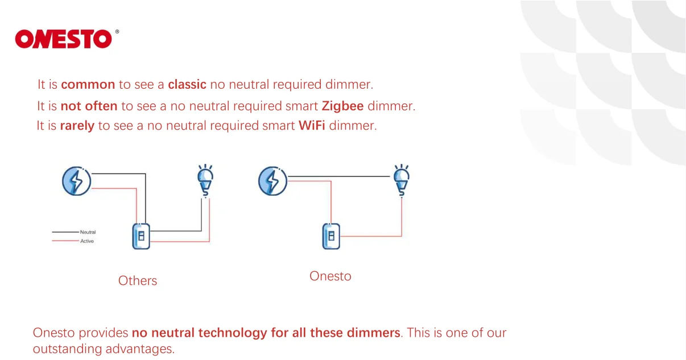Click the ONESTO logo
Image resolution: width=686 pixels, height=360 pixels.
(x=64, y=39)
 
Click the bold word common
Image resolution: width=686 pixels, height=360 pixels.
(x=88, y=85)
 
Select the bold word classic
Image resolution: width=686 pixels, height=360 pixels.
(x=187, y=85)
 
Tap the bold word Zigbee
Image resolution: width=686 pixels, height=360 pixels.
(x=342, y=106)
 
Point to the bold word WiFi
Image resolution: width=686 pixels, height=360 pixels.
(x=312, y=126)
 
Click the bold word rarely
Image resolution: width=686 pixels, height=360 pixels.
(x=77, y=126)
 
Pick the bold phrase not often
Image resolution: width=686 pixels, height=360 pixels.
(x=89, y=106)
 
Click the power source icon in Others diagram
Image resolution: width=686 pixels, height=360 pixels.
(x=76, y=181)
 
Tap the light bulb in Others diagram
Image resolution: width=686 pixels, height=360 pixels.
(x=205, y=180)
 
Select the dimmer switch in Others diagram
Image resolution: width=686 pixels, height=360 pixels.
(x=141, y=236)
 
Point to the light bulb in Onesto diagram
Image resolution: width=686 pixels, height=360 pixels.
(x=402, y=180)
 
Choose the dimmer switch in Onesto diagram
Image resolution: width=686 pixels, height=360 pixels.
(x=332, y=236)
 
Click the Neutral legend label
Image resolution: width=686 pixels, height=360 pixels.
(x=88, y=232)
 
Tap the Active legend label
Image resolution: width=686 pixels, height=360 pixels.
(x=87, y=241)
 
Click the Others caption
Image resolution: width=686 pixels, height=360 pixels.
(x=138, y=280)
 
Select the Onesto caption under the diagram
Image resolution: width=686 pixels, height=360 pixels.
(x=330, y=276)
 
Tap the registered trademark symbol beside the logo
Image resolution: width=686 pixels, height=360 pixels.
(x=117, y=32)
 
